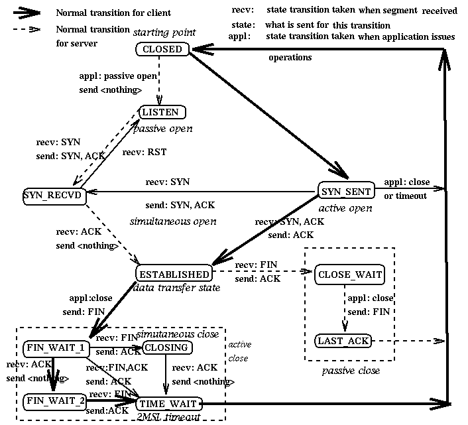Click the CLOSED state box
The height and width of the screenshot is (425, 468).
(162, 49)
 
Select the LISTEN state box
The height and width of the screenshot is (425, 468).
(161, 113)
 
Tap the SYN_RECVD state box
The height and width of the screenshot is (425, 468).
(54, 196)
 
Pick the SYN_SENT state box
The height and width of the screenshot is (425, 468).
(345, 192)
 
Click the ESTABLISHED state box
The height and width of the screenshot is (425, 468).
(174, 274)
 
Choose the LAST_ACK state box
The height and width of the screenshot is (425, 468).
(342, 341)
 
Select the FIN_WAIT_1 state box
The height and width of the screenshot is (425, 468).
(55, 348)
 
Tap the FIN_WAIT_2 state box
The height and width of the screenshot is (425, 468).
(55, 401)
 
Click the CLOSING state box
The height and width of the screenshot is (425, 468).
(166, 347)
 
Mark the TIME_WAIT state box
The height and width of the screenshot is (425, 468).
(168, 402)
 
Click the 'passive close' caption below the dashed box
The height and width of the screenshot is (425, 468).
(351, 371)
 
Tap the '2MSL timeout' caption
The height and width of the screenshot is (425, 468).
(168, 416)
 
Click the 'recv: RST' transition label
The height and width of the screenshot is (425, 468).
(145, 152)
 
